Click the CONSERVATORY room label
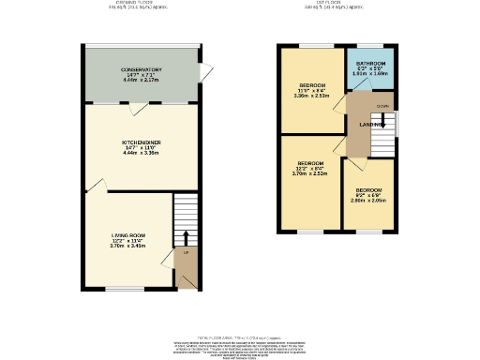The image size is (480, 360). (x=142, y=69)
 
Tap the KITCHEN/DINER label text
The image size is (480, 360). (x=142, y=142)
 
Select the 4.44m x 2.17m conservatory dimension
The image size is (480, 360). (x=142, y=80)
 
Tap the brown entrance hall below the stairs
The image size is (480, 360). (x=186, y=267)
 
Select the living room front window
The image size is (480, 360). (x=118, y=288)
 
